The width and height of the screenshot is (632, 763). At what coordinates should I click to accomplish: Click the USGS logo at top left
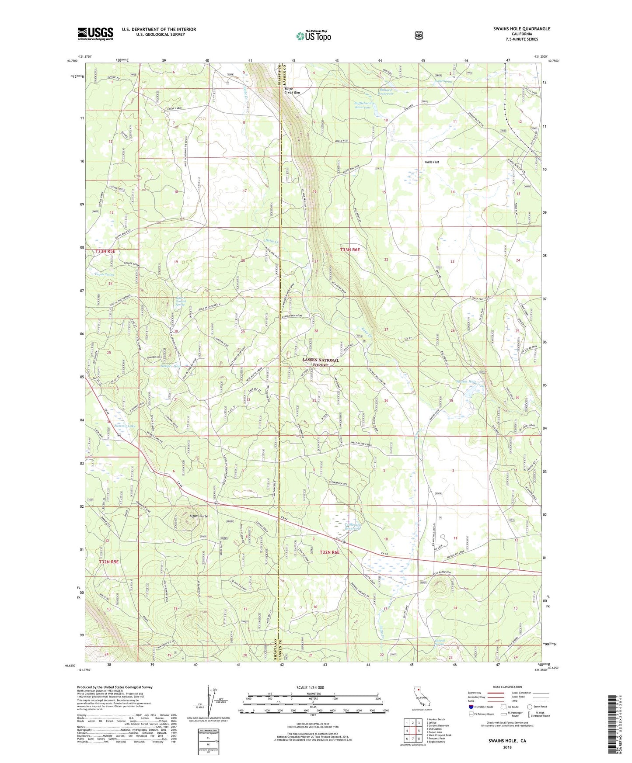[95, 33]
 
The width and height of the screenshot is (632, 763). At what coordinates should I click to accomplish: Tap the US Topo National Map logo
[313, 35]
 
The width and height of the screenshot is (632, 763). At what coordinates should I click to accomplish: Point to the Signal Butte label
[198, 516]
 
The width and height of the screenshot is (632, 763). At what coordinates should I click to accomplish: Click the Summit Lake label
[125, 425]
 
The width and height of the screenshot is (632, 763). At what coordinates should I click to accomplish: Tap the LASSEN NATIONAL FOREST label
[321, 362]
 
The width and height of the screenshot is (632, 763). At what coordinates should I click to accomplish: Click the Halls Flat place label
[432, 162]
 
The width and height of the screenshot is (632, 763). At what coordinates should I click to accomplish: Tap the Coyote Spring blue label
[105, 274]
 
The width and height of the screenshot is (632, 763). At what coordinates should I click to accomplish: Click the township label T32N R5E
[108, 562]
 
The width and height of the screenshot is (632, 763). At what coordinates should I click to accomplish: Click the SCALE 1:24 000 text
[310, 687]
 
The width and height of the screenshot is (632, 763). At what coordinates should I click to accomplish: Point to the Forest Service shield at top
[419, 35]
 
